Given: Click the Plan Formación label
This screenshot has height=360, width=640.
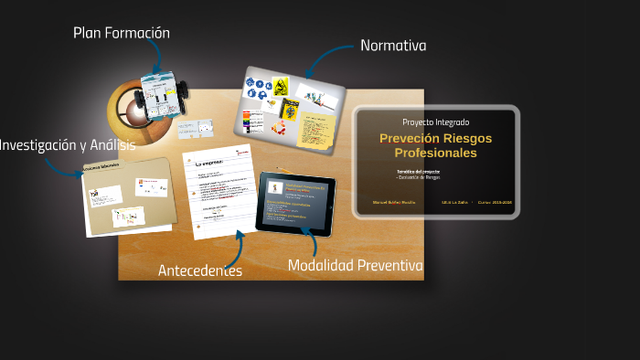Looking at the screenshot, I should point(122,33).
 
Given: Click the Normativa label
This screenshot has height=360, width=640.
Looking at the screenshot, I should point(393,45).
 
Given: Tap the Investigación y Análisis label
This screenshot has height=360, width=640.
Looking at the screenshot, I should point(67,144).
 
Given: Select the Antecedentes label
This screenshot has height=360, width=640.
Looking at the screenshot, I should point(199,270).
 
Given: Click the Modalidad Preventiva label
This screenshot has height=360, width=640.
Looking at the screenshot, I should point(355,266).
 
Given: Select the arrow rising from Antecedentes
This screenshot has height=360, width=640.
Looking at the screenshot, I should point(235,248).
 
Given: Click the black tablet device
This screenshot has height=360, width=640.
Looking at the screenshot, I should point(295,200).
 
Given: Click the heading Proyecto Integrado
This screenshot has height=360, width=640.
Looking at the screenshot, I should point(436,122).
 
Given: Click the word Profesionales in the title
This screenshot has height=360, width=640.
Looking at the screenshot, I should point(436,154).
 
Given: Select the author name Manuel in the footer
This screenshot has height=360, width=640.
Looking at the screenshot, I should point(381,202).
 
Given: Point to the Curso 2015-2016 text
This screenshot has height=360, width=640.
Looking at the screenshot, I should point(495,202).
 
